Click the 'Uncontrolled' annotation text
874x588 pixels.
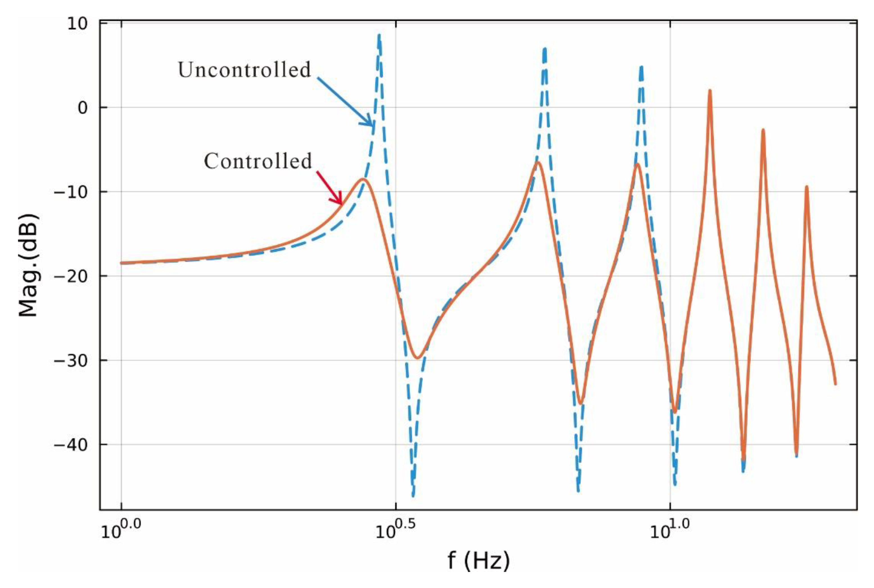pos(244,70)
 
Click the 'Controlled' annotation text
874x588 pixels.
pos(258,161)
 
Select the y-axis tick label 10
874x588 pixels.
pos(77,24)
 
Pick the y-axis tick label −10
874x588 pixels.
pos(71,192)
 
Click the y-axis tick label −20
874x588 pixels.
pos(71,276)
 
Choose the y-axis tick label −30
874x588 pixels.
pos(71,360)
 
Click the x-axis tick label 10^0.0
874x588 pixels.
pos(121,530)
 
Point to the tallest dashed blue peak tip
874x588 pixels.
pos(379,36)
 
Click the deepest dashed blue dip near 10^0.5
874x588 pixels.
pos(413,495)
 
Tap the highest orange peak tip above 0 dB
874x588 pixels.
pos(710,91)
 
